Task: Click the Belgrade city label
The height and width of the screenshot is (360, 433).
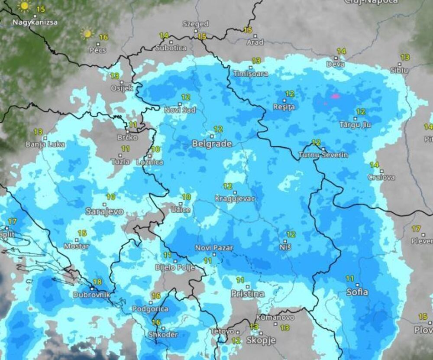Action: point(212,143)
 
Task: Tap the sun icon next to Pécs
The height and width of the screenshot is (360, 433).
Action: point(87,33)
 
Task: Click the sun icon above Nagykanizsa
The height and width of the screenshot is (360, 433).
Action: point(25,6)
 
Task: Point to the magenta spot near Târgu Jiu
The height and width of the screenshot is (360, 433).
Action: point(335,96)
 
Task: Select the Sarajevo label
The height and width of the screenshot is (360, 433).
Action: point(104,212)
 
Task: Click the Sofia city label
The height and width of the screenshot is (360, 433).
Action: point(357,292)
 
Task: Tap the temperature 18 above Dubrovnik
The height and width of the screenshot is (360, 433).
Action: point(97,282)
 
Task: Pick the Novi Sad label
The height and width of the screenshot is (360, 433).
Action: point(180,110)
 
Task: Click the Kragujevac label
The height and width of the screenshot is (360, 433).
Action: point(235,199)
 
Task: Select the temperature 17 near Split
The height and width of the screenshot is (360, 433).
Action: point(12,221)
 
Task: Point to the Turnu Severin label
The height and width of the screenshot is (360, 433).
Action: point(323,155)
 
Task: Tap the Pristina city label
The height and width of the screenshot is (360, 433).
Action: point(247,294)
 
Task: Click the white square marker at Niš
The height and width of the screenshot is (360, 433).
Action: point(285,240)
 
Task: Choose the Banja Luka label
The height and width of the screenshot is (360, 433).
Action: point(45,144)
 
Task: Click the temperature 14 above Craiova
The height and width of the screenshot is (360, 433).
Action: point(374,165)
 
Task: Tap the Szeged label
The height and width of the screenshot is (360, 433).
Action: point(195,24)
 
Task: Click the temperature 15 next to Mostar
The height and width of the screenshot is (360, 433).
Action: point(82,233)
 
